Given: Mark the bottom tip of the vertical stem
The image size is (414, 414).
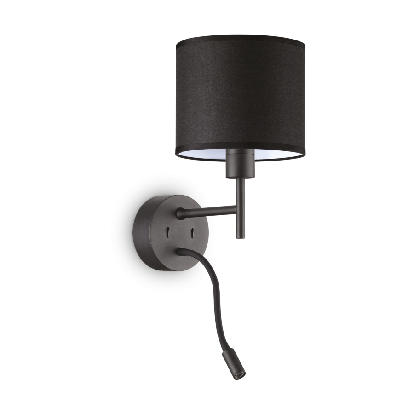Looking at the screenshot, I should click(x=240, y=236).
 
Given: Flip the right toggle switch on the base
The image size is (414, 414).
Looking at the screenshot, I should click(x=190, y=233).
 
